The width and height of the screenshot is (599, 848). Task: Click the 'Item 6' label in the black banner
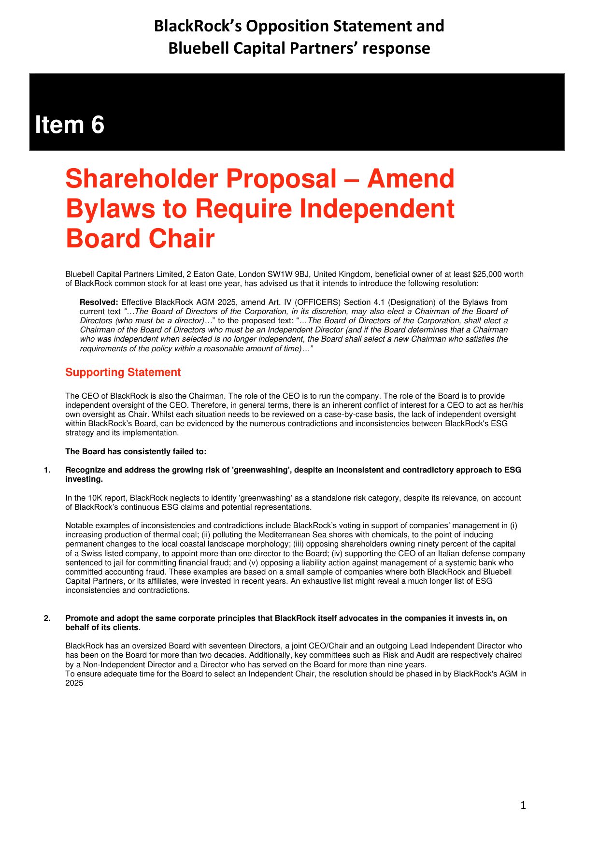70,125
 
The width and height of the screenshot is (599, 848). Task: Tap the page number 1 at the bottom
523,805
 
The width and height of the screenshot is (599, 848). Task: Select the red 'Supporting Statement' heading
123,373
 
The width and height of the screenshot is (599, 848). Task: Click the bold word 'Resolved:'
99,302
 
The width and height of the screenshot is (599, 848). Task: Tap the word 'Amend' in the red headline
411,179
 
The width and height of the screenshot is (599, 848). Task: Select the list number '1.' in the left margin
47,470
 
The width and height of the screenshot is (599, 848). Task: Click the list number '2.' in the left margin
47,618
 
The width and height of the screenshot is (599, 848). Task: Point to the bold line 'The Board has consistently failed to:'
136,452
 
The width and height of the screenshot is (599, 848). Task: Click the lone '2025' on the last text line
74,683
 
